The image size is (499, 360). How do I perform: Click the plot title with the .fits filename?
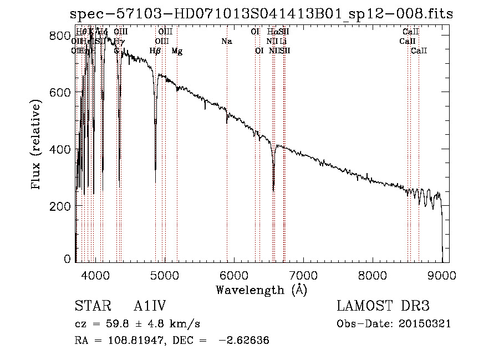[262, 14]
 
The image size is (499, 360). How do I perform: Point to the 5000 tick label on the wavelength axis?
[164, 275]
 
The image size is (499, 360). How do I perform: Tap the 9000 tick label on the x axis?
[442, 275]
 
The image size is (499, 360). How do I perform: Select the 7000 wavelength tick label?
[303, 275]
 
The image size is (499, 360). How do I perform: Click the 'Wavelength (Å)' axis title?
[261, 290]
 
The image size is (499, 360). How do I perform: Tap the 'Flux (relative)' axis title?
[37, 145]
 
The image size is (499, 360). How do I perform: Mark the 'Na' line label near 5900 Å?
[226, 42]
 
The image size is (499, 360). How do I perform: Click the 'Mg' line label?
[177, 51]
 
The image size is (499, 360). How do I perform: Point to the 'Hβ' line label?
[155, 51]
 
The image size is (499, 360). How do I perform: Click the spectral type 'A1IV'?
[150, 306]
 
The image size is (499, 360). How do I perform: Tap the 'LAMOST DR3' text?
[383, 306]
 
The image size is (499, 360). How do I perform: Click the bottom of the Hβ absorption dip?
[155, 182]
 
